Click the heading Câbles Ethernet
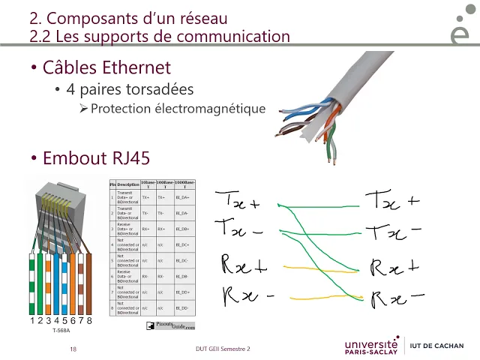pyautogui.click(x=106, y=68)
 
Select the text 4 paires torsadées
pyautogui.click(x=130, y=90)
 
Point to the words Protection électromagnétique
pyautogui.click(x=178, y=109)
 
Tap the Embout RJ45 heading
pyautogui.click(x=96, y=158)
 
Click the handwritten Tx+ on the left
pyautogui.click(x=238, y=201)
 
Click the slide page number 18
pyautogui.click(x=73, y=349)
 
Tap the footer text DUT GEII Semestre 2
pyautogui.click(x=217, y=349)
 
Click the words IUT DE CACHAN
pyautogui.click(x=440, y=346)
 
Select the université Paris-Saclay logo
pyautogui.click(x=371, y=346)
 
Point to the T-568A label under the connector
pyautogui.click(x=61, y=330)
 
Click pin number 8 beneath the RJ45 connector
pyautogui.click(x=89, y=321)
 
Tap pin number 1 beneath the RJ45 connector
pyautogui.click(x=32, y=321)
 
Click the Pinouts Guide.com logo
pyautogui.click(x=170, y=325)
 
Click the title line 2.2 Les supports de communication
pyautogui.click(x=159, y=35)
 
